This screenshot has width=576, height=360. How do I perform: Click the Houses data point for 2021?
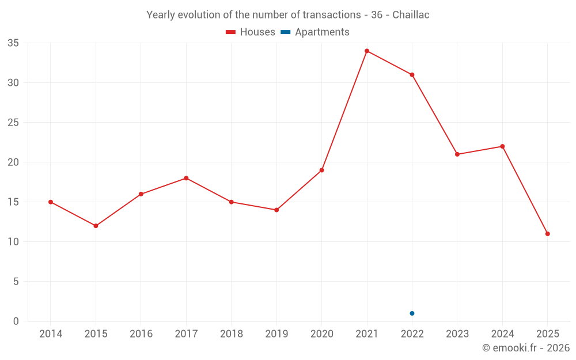367,51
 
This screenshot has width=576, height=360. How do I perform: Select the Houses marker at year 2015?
96,226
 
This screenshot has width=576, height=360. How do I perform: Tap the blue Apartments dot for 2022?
412,313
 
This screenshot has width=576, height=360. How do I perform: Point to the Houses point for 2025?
547,234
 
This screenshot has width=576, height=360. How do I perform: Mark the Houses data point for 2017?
186,178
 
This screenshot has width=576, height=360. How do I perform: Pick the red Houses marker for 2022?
412,75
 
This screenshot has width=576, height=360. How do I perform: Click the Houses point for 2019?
276,210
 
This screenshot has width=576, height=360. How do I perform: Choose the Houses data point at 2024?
502,146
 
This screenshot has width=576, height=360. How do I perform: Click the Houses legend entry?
251,32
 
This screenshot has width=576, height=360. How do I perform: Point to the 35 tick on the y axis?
13,43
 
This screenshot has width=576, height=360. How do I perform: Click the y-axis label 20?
13,162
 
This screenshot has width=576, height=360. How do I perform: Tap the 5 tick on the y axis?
16,282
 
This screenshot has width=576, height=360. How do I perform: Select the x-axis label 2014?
51,334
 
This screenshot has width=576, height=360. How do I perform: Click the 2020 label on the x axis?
321,334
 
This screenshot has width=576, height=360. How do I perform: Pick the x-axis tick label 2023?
457,334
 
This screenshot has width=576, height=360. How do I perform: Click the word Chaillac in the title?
411,15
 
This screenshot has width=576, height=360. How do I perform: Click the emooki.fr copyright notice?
525,348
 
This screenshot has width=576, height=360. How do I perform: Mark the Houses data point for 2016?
141,194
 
